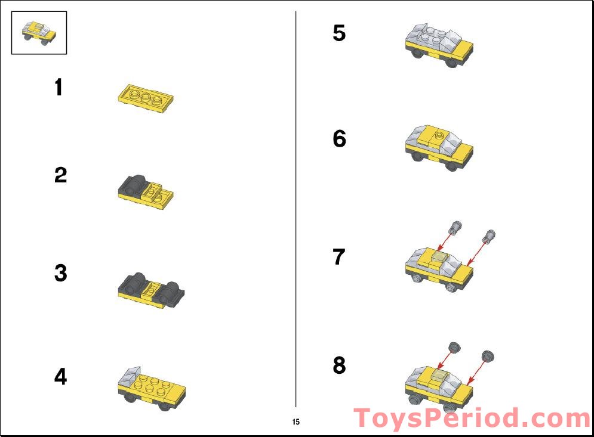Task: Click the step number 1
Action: pyautogui.click(x=59, y=87)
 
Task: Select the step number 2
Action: pyautogui.click(x=61, y=175)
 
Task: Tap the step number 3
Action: pyautogui.click(x=61, y=273)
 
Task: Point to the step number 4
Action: pyautogui.click(x=61, y=376)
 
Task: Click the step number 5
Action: pyautogui.click(x=339, y=33)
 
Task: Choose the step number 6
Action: pyautogui.click(x=340, y=138)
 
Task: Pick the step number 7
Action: pyautogui.click(x=339, y=257)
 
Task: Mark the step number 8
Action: pyautogui.click(x=340, y=365)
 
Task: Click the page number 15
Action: pyautogui.click(x=296, y=421)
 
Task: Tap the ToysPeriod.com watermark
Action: pyautogui.click(x=472, y=418)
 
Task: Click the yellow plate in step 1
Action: pyautogui.click(x=146, y=98)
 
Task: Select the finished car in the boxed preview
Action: pyautogui.click(x=39, y=33)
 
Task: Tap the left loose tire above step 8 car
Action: pyautogui.click(x=454, y=348)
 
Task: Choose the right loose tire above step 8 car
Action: pyautogui.click(x=488, y=357)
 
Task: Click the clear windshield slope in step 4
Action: pyautogui.click(x=130, y=376)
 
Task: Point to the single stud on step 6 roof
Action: pyautogui.click(x=439, y=134)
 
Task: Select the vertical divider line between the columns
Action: pyautogui.click(x=296, y=209)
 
